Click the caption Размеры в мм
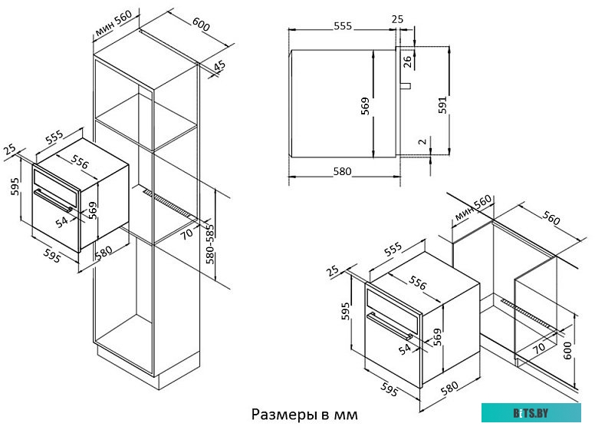pyautogui.click(x=304, y=415)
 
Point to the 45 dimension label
pyautogui.click(x=220, y=68)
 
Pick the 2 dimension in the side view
pyautogui.click(x=422, y=142)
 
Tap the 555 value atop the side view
pyautogui.click(x=343, y=25)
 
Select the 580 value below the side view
pyautogui.click(x=343, y=171)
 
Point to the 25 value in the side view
pyautogui.click(x=397, y=18)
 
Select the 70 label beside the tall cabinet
pyautogui.click(x=186, y=233)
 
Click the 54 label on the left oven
pyautogui.click(x=62, y=220)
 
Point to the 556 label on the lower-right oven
pyautogui.click(x=418, y=283)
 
